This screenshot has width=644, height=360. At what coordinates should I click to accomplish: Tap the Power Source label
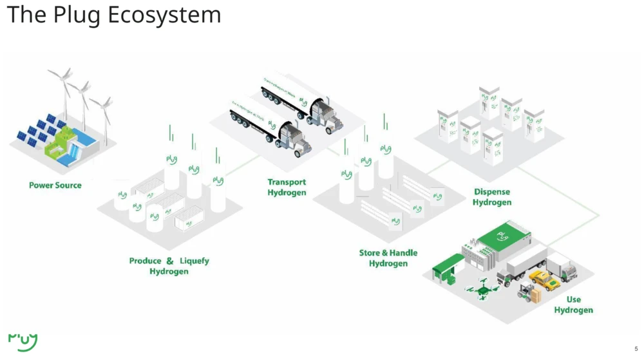pyautogui.click(x=55, y=185)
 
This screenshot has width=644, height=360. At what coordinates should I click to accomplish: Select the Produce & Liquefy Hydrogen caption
pyautogui.click(x=169, y=266)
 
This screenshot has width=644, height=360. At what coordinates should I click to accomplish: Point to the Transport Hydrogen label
pyautogui.click(x=287, y=187)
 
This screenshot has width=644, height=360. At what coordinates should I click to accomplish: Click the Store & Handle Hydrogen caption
pyautogui.click(x=388, y=258)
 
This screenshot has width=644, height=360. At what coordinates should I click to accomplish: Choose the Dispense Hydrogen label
pyautogui.click(x=492, y=197)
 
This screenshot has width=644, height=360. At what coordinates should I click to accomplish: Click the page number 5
pyautogui.click(x=636, y=348)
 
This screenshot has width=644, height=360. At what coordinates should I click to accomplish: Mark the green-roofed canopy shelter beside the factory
pyautogui.click(x=449, y=264)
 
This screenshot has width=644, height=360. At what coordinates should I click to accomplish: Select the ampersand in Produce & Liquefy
pyautogui.click(x=170, y=261)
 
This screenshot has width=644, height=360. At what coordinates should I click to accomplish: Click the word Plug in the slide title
pyautogui.click(x=77, y=14)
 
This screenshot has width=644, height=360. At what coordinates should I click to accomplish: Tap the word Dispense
pyautogui.click(x=492, y=191)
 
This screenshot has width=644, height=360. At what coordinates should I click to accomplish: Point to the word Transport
pyautogui.click(x=287, y=182)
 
